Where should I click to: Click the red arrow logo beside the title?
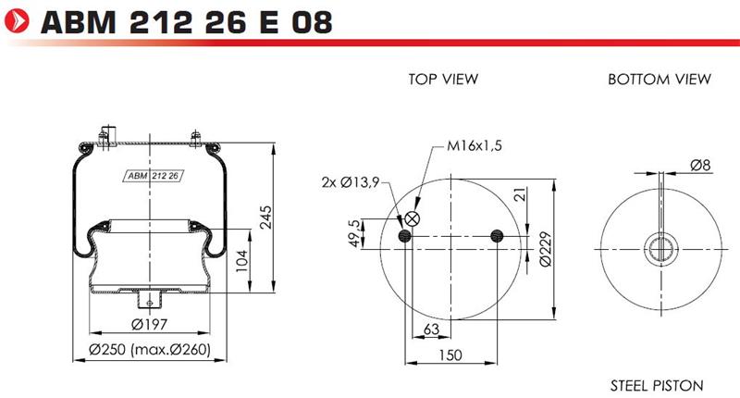(x=17, y=21)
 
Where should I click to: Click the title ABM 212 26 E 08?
(x=187, y=21)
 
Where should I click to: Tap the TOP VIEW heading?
(x=443, y=79)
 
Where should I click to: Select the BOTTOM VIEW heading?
(x=660, y=79)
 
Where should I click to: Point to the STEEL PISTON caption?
(x=657, y=386)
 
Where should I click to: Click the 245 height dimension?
(x=266, y=218)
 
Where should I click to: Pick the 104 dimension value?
(x=241, y=261)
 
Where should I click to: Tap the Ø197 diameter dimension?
(x=149, y=324)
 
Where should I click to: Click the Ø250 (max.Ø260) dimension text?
(x=150, y=349)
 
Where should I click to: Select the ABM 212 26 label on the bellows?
(x=154, y=176)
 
